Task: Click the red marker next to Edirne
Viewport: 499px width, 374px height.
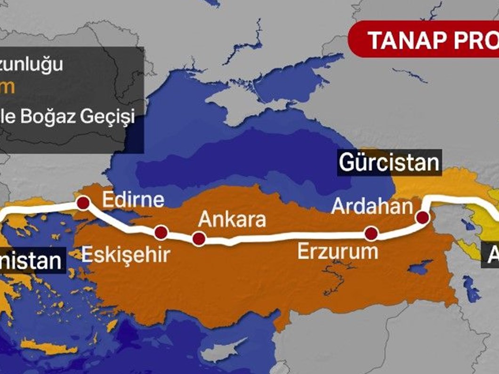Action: pos(83,203)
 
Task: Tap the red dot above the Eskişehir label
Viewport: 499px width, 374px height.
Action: pos(161,232)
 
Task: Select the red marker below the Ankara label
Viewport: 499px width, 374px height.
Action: pos(199,239)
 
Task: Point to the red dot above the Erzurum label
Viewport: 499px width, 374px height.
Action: pos(371,233)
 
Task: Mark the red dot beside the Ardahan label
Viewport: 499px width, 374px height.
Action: pos(423,217)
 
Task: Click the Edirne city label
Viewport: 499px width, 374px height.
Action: pos(133,199)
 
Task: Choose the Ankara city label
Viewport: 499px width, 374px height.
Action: pos(232,219)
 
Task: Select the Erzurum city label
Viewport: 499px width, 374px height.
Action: pos(338,252)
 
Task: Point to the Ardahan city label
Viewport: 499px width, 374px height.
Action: pos(372,206)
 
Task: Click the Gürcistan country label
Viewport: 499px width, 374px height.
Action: pos(389,163)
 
